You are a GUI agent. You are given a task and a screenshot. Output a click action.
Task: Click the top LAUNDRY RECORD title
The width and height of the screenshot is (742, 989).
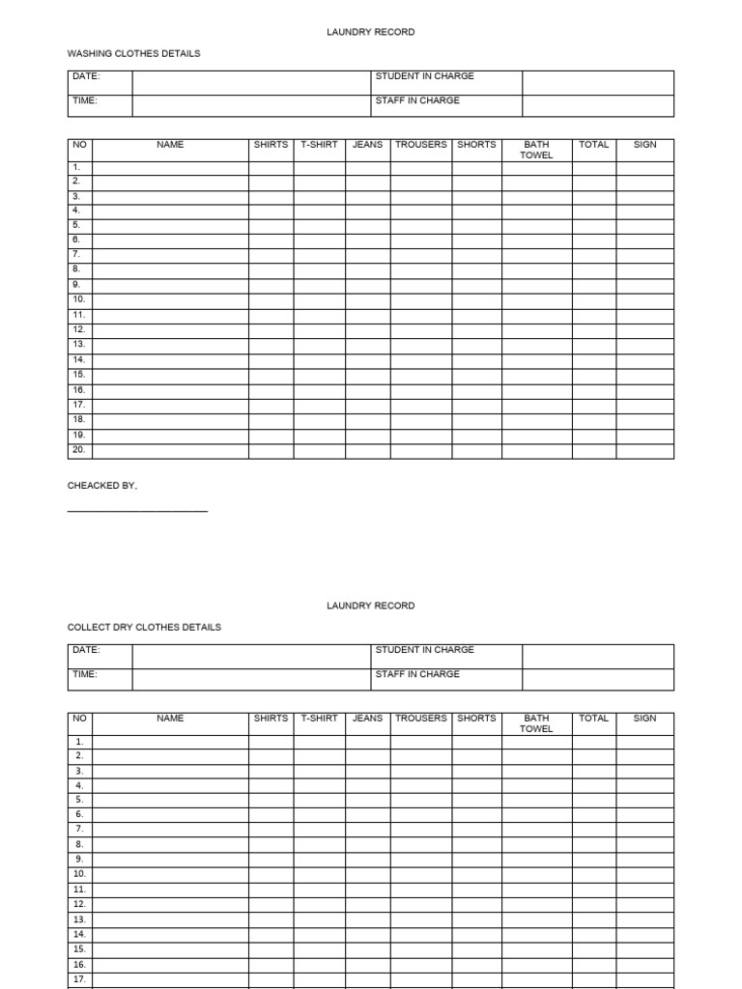pos(371,32)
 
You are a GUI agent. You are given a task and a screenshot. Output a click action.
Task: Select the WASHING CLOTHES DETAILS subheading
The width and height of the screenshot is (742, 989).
pos(133,54)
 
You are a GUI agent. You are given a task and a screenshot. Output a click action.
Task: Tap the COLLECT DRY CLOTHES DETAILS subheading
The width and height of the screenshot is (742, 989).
pos(144,628)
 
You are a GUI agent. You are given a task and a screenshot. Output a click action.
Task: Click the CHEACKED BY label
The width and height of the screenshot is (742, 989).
pos(102,486)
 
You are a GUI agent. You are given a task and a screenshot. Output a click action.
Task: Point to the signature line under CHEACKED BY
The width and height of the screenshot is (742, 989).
pos(137,510)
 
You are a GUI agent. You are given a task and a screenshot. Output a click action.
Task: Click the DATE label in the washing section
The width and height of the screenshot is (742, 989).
pos(86,76)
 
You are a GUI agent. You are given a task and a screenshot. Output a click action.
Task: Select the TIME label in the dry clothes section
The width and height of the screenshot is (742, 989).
pos(85,674)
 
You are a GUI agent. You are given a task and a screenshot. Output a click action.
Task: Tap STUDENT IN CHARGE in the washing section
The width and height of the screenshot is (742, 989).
pos(424,76)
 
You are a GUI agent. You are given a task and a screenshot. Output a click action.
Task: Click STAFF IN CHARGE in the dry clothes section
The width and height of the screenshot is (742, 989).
pos(417,674)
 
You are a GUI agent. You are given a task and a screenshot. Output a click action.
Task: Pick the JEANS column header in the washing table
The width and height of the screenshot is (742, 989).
pos(367,145)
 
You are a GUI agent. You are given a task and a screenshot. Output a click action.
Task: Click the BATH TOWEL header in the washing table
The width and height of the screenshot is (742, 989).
pos(536,150)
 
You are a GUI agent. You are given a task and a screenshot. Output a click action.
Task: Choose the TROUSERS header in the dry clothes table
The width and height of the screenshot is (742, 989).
pos(420,719)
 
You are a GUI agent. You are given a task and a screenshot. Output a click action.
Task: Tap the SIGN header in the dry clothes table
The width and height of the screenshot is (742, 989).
pos(644,719)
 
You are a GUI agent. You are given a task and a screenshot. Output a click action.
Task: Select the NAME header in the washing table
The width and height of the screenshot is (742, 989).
pos(170,145)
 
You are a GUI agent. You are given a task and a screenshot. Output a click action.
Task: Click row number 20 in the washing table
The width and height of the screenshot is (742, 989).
pos(78,450)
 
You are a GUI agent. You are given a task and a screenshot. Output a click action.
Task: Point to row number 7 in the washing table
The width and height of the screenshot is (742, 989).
pos(76,255)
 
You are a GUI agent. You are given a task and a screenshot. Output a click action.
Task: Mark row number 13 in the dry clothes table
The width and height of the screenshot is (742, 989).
pos(79,919)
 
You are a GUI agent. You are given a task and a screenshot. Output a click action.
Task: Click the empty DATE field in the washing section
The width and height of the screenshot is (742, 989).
pos(251,82)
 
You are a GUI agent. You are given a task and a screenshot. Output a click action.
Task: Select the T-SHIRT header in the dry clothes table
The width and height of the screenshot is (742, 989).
pos(319,719)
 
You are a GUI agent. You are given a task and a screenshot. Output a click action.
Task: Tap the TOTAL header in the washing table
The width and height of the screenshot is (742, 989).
pos(593,145)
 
